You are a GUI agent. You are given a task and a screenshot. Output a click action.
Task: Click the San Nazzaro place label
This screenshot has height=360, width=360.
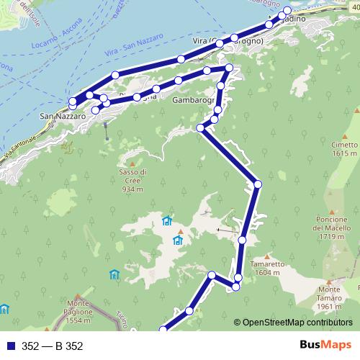coord(63,115)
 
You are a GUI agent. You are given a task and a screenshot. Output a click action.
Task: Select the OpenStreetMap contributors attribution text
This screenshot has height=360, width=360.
coord(296,323)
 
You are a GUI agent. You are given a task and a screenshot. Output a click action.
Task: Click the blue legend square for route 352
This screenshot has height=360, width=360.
coord(12,346)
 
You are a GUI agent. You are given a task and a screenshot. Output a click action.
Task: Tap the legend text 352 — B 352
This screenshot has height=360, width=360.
coord(53,346)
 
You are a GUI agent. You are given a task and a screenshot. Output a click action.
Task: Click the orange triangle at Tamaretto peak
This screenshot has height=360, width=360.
coord(266,256)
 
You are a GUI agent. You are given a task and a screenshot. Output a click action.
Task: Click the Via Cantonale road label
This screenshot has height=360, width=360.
coord(19,148)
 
